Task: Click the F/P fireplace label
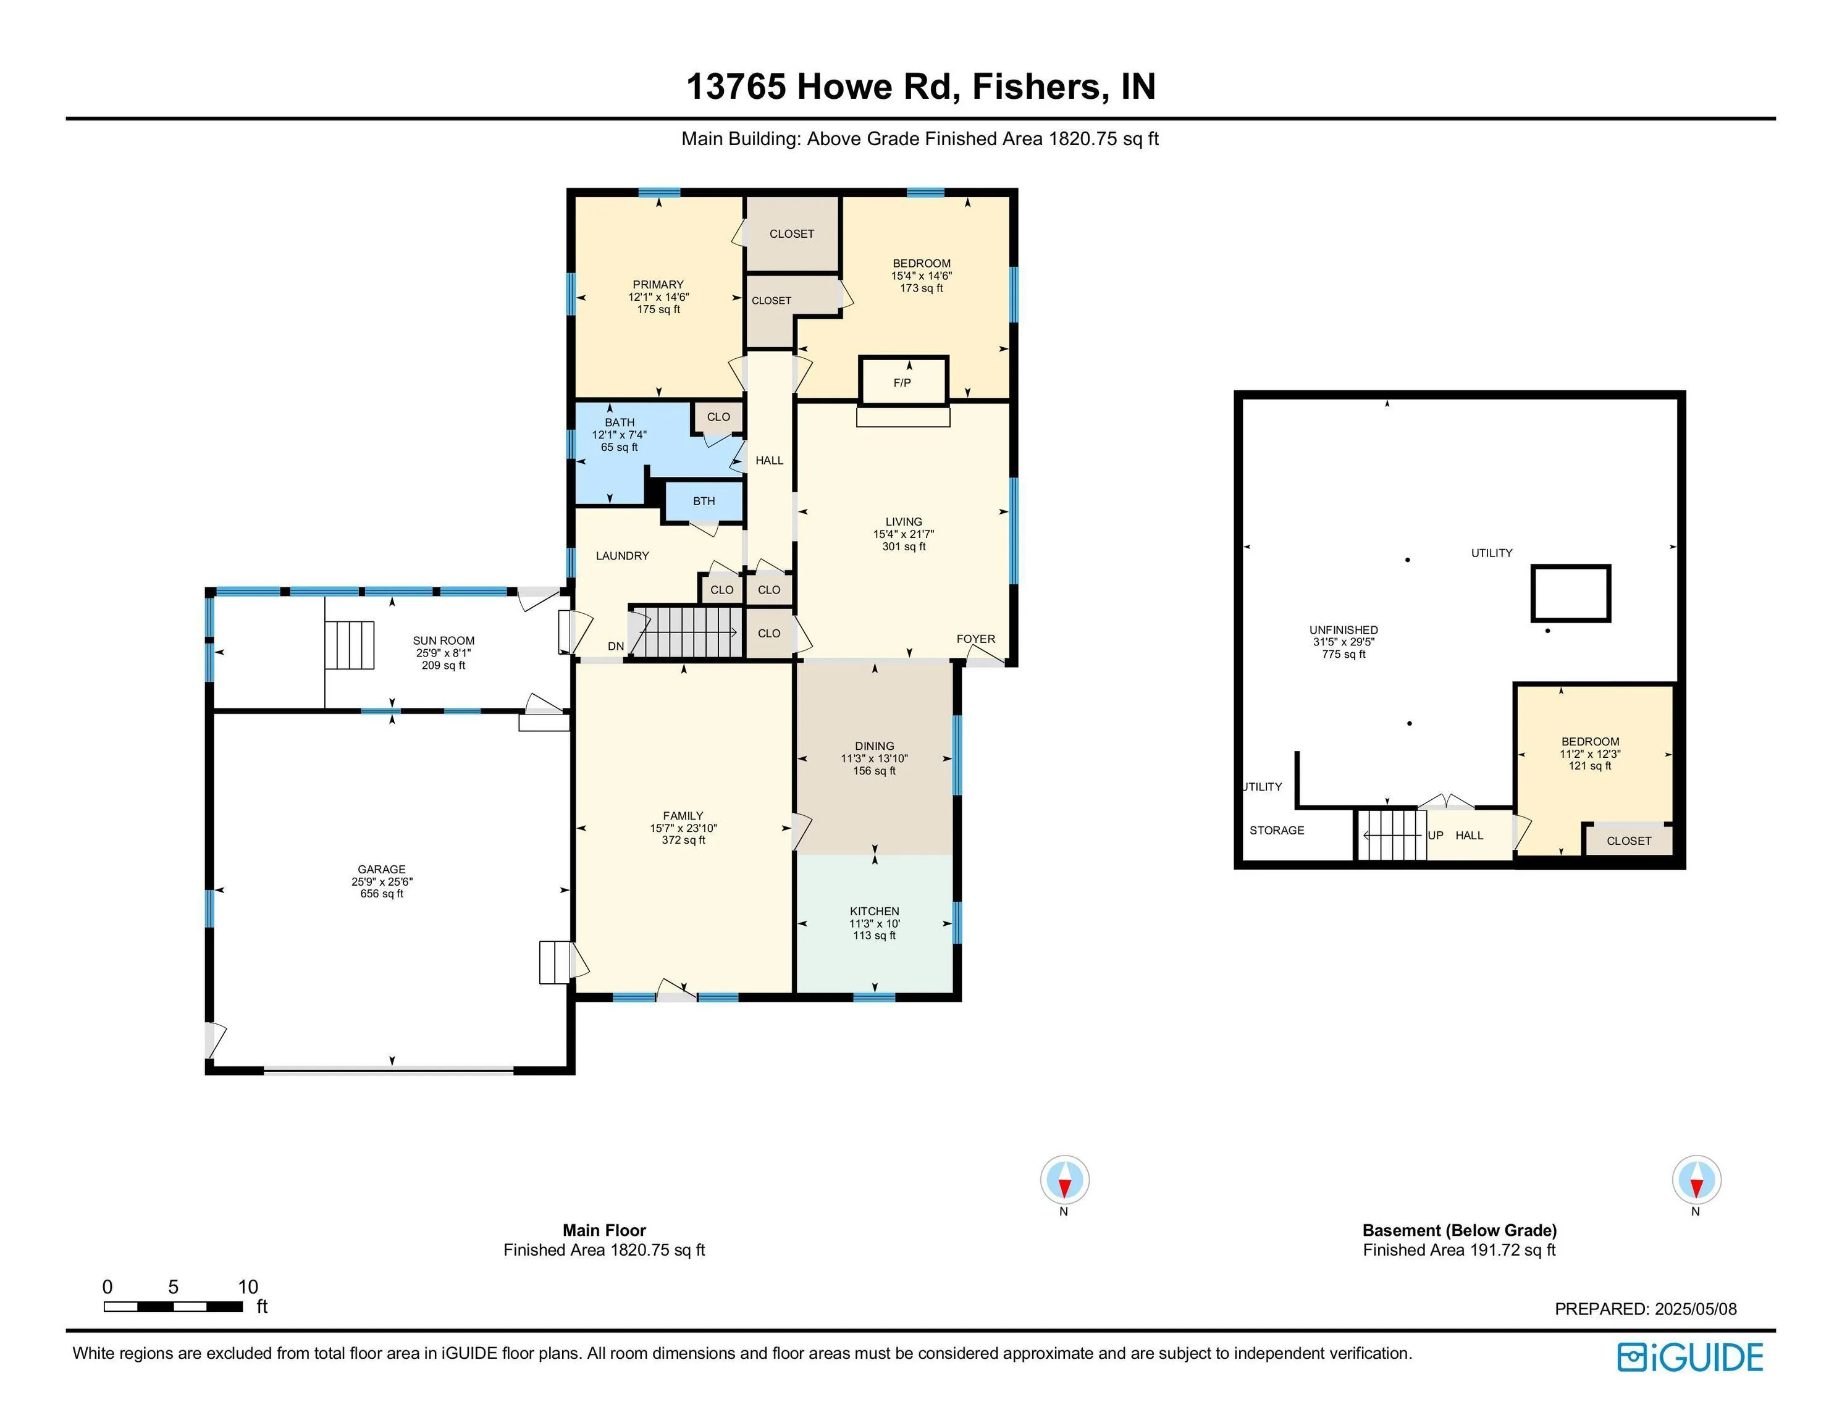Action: pos(902,383)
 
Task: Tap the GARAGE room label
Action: pos(381,869)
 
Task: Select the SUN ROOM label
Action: pos(444,641)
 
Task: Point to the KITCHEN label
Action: pos(874,911)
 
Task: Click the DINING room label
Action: pos(874,745)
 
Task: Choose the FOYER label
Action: pos(976,639)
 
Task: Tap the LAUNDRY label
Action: pos(623,556)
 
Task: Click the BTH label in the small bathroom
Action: pos(704,501)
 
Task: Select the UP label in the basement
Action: pos(1436,835)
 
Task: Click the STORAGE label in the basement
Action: pos(1277,830)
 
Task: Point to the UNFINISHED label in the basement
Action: pos(1344,630)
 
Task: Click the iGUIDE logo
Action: pos(1690,1357)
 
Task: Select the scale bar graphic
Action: pos(174,1307)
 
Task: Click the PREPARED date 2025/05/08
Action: pos(1695,1309)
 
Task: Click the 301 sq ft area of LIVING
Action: pos(904,547)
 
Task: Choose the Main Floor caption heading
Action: pos(604,1231)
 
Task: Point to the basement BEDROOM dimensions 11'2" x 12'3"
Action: pos(1590,754)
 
